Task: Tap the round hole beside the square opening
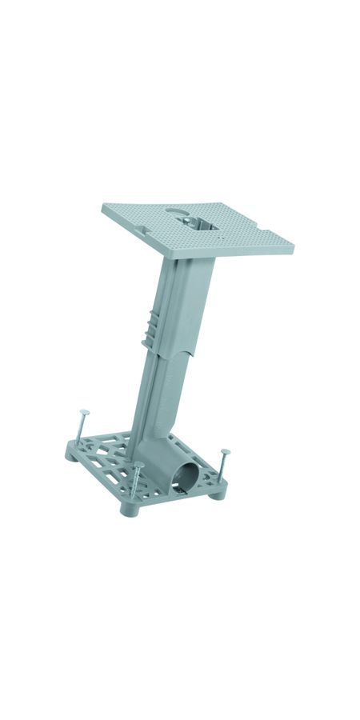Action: coord(174,214)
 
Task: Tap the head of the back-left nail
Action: coord(83,413)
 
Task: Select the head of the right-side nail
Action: coord(226,453)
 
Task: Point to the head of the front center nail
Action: coord(138,465)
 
